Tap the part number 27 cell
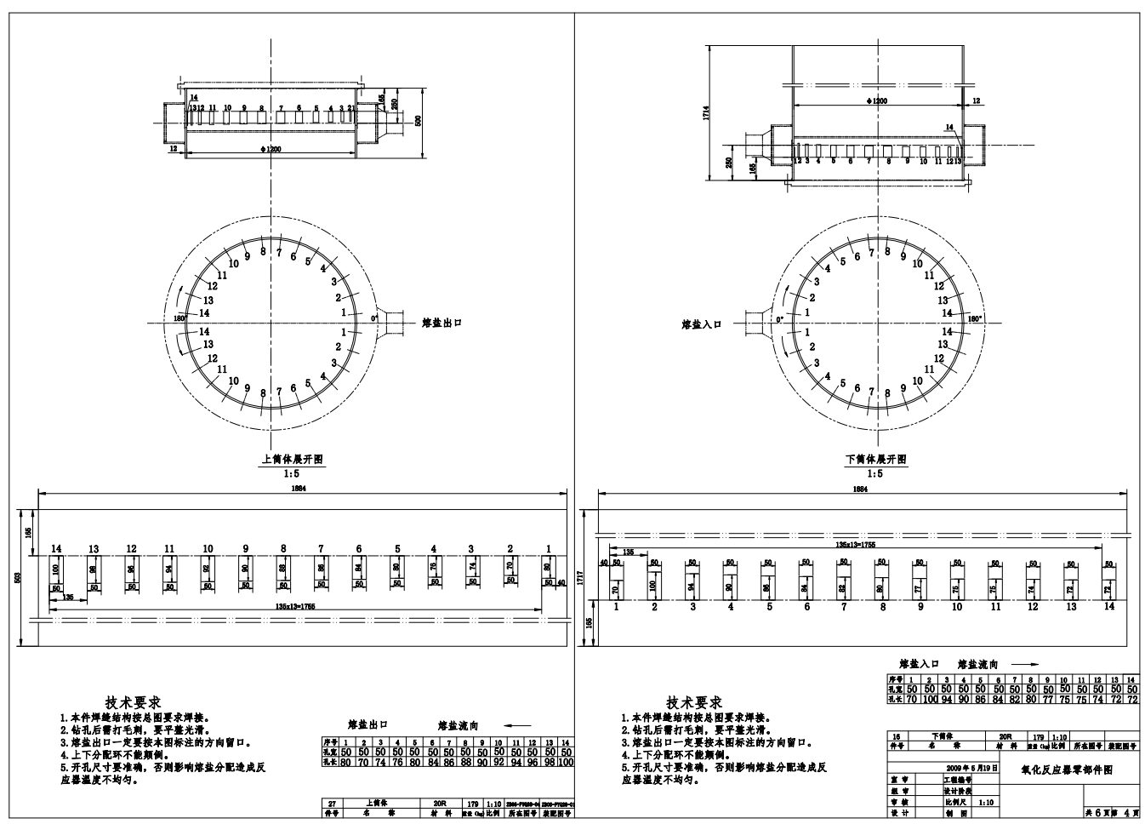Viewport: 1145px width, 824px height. (333, 803)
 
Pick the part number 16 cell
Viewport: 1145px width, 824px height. (895, 735)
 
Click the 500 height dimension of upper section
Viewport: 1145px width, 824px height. (417, 120)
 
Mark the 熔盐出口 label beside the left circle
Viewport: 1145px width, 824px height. (441, 323)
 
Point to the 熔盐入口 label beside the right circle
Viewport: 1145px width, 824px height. (702, 324)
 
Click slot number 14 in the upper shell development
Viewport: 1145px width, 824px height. (56, 549)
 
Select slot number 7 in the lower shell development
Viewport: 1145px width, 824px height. (844, 607)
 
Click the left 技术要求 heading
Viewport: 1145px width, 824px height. (133, 702)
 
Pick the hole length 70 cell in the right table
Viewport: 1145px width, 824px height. (911, 699)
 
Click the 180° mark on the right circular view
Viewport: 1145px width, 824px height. (974, 318)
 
